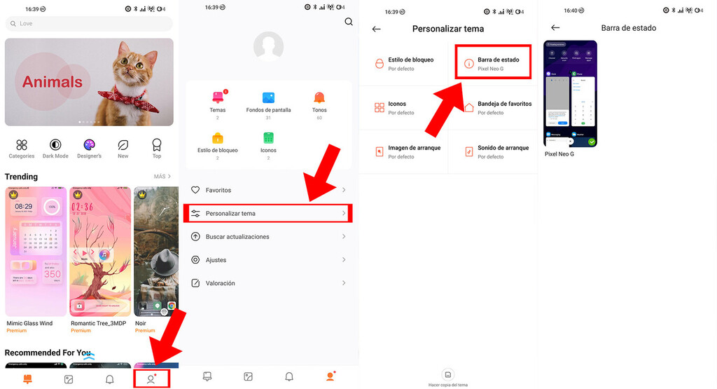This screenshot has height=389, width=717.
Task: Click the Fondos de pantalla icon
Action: pyautogui.click(x=268, y=98)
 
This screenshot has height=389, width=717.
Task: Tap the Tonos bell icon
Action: pyautogui.click(x=319, y=98)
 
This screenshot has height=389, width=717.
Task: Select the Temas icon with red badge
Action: pyautogui.click(x=217, y=98)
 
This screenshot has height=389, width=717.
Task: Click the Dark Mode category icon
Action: pyautogui.click(x=55, y=145)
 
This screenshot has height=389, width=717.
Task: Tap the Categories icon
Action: pyautogui.click(x=22, y=145)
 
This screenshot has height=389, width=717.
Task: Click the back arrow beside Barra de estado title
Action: pyautogui.click(x=555, y=28)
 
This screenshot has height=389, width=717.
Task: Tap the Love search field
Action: pyautogui.click(x=89, y=24)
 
